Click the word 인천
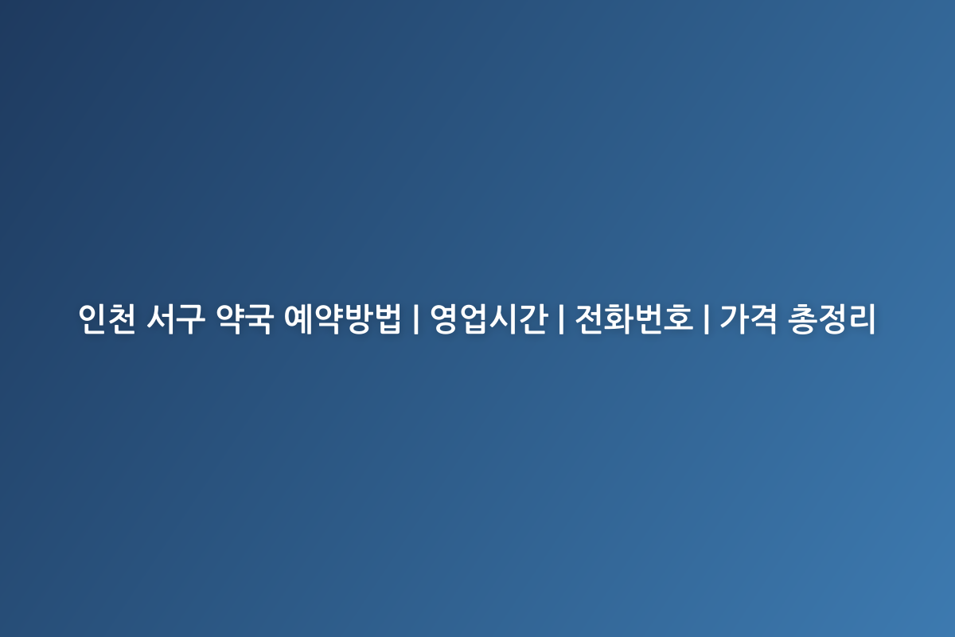coord(107,318)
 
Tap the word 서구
coord(176,318)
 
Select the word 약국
coord(244,318)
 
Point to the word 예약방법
coord(343,318)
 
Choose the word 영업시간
coord(488,318)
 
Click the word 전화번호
coord(634,318)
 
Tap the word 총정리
coord(832,318)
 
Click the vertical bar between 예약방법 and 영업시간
coord(415,318)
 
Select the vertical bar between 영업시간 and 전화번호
coord(561,318)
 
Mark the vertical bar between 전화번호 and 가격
coord(707,318)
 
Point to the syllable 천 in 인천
coord(122,318)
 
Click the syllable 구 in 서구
coord(190,318)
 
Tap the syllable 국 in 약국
coord(259,318)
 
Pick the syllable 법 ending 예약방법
coord(388,318)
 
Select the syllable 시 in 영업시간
coord(504,318)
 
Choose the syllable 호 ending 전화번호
coord(678,318)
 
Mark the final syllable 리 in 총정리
coord(862,318)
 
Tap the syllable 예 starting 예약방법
coord(298,318)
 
